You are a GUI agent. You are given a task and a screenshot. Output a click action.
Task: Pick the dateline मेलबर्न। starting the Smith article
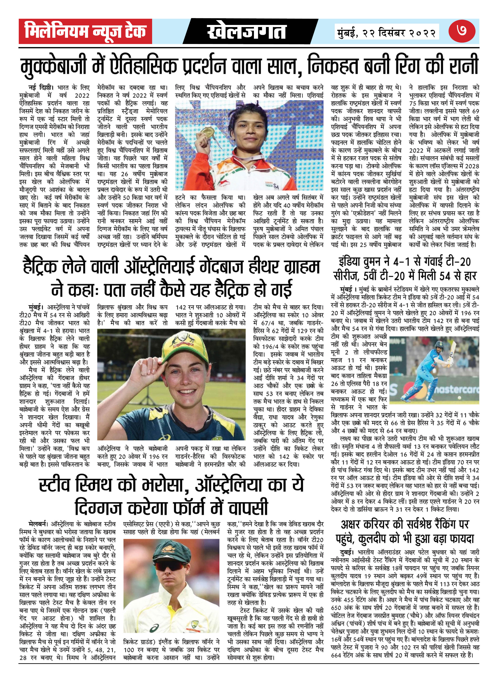point(38,523)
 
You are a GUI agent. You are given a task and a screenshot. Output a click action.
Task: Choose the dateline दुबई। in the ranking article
point(347,552)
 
